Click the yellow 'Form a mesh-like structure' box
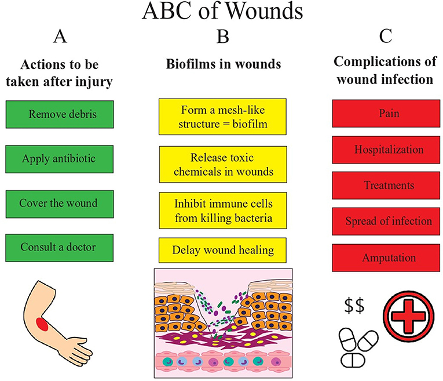click(223, 115)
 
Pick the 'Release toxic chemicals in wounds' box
click(223, 164)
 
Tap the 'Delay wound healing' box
click(223, 251)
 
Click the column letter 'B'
click(222, 38)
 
